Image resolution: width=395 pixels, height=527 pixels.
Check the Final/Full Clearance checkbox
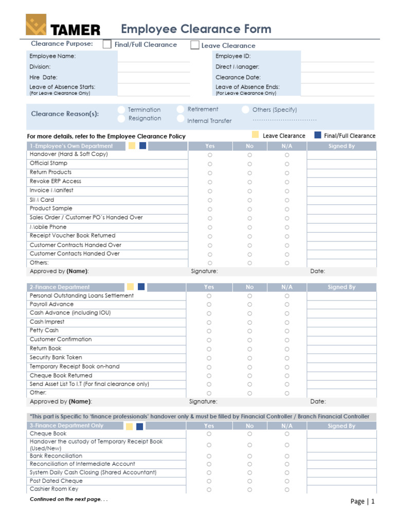(107, 45)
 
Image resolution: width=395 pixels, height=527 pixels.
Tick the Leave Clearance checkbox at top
(195, 45)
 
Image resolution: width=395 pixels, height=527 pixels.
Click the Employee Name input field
(153, 56)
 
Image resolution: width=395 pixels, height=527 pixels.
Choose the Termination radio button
(121, 110)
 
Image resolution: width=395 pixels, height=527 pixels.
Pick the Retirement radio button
(181, 109)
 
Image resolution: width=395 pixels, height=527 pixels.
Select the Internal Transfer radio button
(181, 119)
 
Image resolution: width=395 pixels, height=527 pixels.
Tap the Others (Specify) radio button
(246, 110)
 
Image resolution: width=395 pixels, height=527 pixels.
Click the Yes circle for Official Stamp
(210, 164)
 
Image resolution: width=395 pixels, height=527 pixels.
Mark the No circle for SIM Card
(249, 200)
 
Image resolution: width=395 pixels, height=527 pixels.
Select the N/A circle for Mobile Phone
(287, 227)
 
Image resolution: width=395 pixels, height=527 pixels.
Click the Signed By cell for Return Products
(342, 173)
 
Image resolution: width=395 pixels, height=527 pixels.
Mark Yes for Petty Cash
(209, 331)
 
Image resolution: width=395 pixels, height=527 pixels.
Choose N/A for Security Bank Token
(287, 358)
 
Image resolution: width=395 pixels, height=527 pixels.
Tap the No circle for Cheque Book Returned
(249, 376)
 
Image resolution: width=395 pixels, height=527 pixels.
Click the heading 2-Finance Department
(60, 287)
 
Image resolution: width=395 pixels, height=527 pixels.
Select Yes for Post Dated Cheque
(209, 481)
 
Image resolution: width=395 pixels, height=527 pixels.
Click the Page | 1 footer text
(363, 501)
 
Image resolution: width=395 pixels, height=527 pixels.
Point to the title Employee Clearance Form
(196, 29)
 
